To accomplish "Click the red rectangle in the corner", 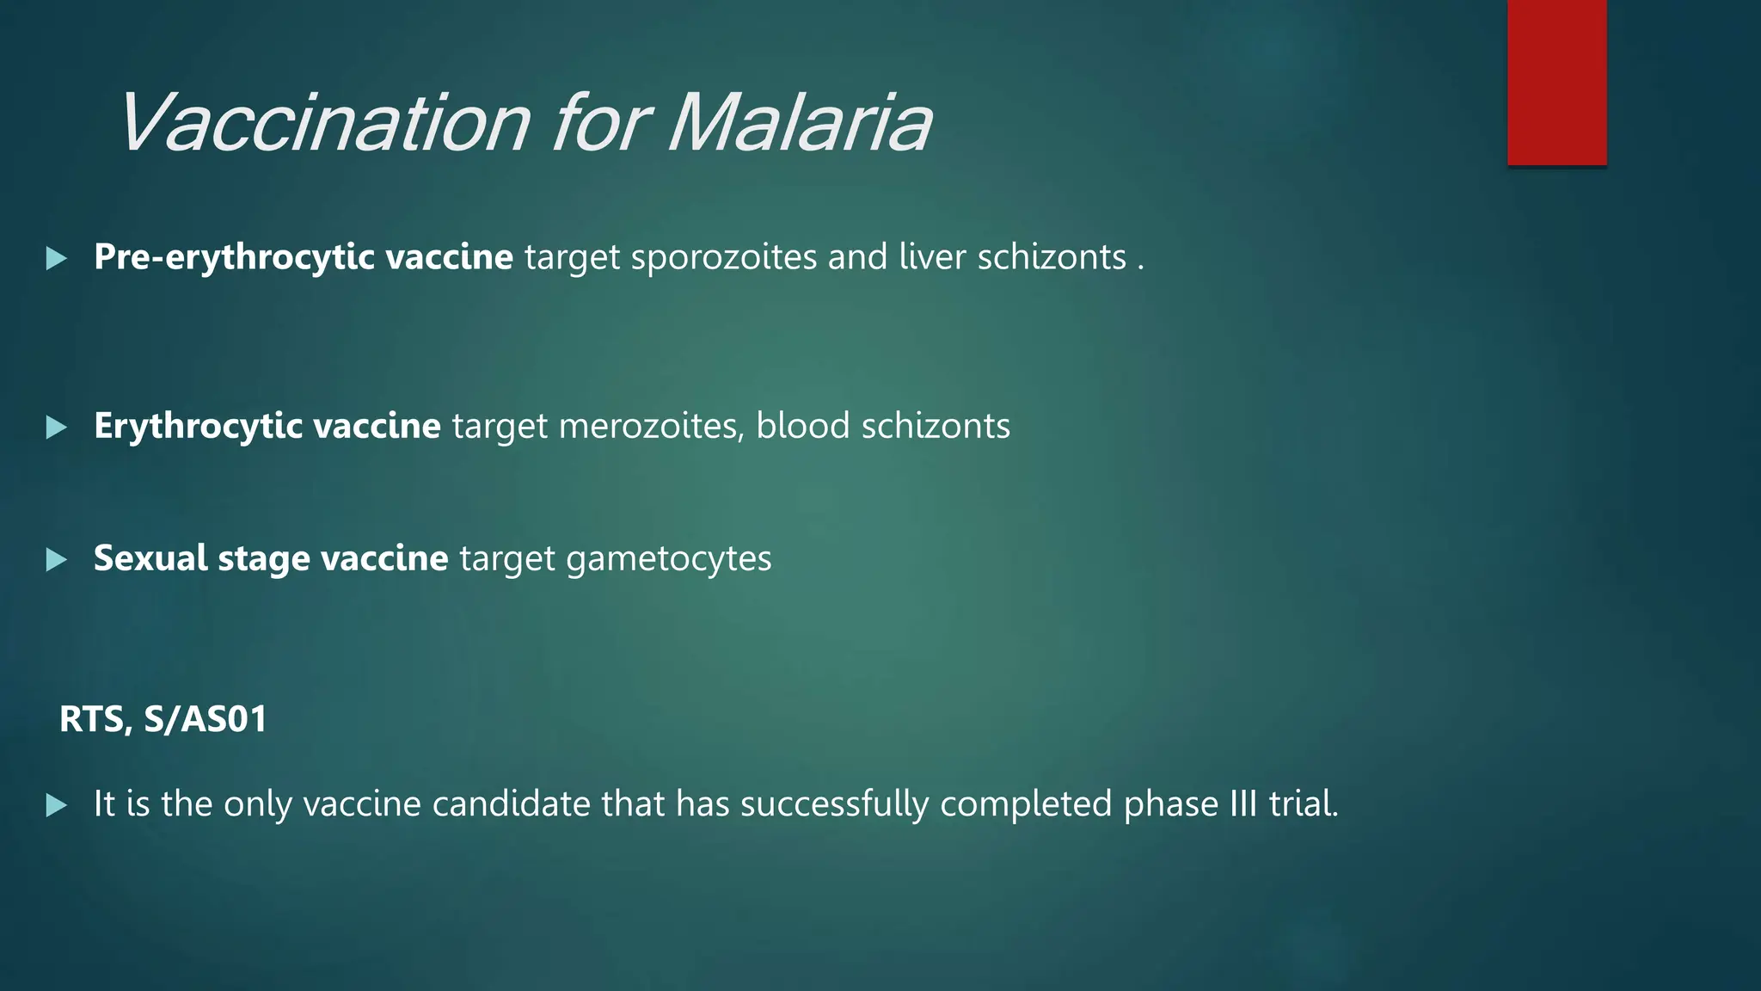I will click(1556, 83).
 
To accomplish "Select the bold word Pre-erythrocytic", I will click(234, 257).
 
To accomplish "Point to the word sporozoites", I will click(723, 257).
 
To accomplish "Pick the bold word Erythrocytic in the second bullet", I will click(198, 427).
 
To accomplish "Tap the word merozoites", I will click(651, 427).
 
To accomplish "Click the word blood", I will click(802, 427).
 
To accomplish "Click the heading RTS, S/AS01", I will click(163, 719).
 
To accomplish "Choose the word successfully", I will click(834, 805).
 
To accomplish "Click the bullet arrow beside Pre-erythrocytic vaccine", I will click(56, 258).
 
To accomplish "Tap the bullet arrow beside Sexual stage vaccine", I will click(56, 560).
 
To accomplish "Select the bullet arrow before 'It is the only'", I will click(56, 805).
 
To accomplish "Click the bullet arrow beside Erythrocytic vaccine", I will click(56, 427).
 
